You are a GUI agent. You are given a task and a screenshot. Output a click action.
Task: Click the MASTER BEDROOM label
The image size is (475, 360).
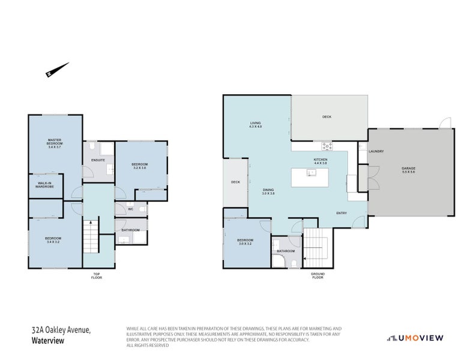pos(55,145)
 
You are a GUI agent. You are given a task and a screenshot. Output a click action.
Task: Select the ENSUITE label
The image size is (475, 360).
pos(98,160)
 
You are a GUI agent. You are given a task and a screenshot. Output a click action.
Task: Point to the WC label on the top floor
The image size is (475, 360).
pos(130,209)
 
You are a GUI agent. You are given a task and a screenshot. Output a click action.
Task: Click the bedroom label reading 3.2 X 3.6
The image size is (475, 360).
pos(139,166)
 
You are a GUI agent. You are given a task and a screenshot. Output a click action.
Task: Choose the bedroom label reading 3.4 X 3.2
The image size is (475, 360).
pos(53,240)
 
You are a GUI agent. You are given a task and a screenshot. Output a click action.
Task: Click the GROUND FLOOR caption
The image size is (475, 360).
pos(318,277)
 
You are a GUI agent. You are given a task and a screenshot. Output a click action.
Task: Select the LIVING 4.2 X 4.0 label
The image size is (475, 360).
pos(256,125)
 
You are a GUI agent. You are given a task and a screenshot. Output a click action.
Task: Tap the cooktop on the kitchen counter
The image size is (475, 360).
pos(327,145)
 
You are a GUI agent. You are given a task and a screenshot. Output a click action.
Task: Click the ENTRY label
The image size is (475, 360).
pos(342,212)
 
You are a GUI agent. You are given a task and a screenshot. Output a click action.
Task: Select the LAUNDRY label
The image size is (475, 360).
pos(376,151)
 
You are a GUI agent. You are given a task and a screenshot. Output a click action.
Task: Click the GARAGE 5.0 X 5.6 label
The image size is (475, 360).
pos(408,170)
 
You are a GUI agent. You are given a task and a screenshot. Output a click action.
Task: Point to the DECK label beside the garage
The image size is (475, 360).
pos(327,117)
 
